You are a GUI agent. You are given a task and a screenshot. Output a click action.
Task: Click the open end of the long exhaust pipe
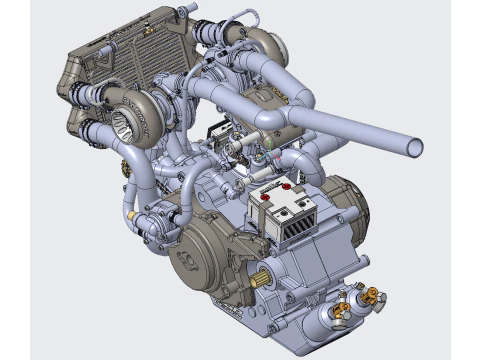coord(414,148)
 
